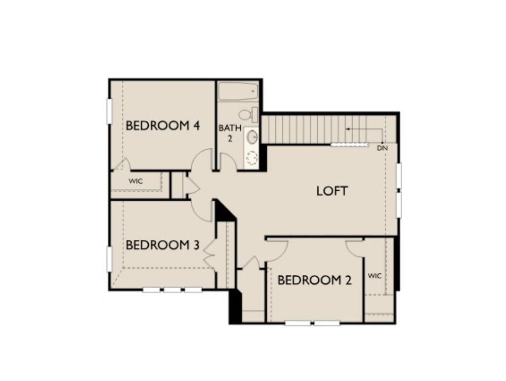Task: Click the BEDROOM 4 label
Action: (x=163, y=126)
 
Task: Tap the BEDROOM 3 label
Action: (x=163, y=245)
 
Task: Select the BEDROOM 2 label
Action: (x=314, y=280)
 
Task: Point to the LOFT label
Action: (x=332, y=191)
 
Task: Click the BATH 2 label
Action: (x=230, y=133)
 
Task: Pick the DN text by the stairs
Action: (x=382, y=148)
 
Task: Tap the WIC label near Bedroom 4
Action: (x=135, y=181)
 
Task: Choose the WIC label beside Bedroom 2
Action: (x=375, y=276)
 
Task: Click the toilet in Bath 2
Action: (x=248, y=114)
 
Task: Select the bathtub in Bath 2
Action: (x=238, y=91)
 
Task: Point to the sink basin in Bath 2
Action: (x=252, y=137)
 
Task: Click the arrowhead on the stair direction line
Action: (x=348, y=129)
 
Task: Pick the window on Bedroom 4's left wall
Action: (x=109, y=111)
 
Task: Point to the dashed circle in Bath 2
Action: (x=252, y=159)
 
